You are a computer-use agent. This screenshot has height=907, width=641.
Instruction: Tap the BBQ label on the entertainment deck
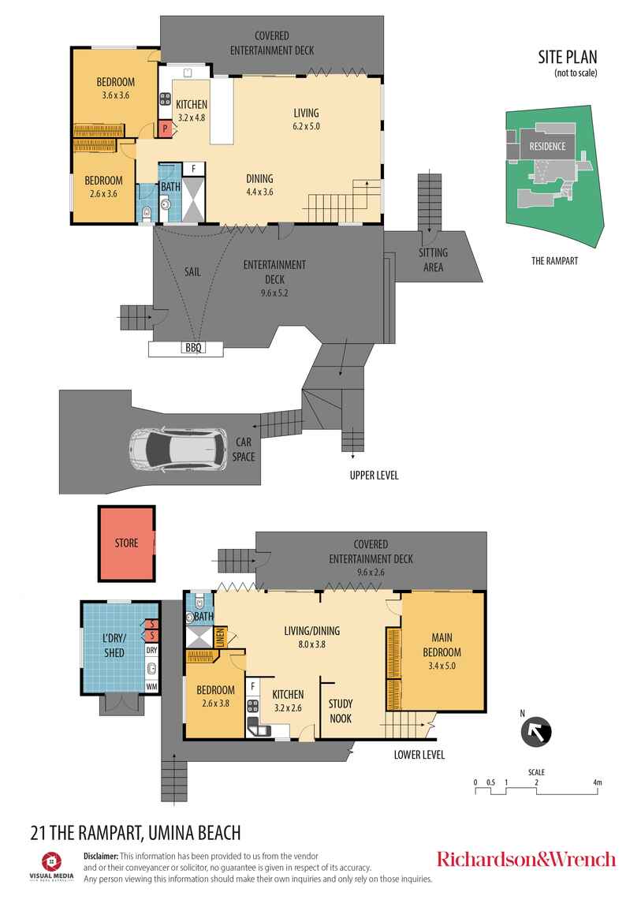point(192,348)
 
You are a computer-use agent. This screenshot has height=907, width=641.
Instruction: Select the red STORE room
point(126,543)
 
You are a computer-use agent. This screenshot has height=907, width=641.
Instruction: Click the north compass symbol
point(537,731)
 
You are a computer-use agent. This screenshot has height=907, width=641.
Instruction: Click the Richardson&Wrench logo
point(526,859)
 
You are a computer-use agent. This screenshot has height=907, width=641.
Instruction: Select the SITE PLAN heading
point(568,57)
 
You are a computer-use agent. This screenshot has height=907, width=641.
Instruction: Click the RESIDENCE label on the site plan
point(546,147)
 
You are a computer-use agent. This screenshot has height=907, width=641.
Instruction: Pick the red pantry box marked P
point(166,129)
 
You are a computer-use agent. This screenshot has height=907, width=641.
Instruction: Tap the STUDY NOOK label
point(340,711)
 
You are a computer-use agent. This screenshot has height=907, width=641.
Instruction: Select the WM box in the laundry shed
point(151,687)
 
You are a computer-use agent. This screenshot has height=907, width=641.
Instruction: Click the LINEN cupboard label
point(221,635)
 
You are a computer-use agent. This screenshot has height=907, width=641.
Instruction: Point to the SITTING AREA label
point(433,259)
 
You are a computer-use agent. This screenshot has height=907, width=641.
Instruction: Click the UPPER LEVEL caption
point(374,476)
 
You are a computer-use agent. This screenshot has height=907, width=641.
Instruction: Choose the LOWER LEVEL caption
point(419,755)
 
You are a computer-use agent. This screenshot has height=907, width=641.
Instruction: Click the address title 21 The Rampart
point(134,832)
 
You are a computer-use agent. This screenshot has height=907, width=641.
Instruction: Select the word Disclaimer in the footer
point(101,856)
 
